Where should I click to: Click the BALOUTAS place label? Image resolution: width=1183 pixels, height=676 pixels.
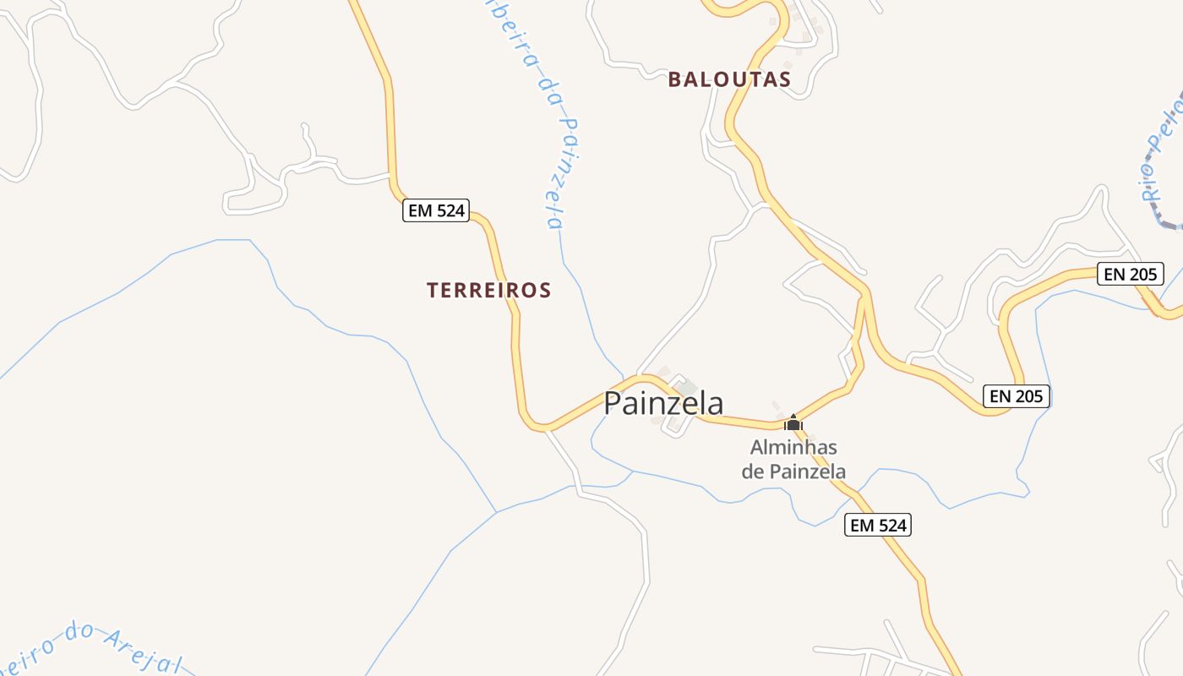pyautogui.click(x=729, y=79)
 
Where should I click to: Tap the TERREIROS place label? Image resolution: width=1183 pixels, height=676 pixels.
pyautogui.click(x=488, y=290)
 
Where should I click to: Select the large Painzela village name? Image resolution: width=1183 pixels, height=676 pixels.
pyautogui.click(x=663, y=403)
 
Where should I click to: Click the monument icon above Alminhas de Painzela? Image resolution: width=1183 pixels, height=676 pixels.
pyautogui.click(x=793, y=422)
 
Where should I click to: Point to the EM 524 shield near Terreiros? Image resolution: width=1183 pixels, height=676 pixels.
pyautogui.click(x=436, y=210)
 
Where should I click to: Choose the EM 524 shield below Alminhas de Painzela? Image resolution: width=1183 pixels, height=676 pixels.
pyautogui.click(x=878, y=525)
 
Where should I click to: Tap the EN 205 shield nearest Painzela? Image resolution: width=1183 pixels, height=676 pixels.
pyautogui.click(x=1017, y=395)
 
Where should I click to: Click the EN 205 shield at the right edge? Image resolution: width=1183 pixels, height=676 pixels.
pyautogui.click(x=1131, y=274)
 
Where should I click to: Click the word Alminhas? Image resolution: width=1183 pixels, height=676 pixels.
pyautogui.click(x=793, y=447)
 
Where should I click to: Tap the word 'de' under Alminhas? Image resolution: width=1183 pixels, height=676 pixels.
pyautogui.click(x=753, y=471)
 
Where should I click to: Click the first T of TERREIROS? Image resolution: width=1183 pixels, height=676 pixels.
pyautogui.click(x=433, y=290)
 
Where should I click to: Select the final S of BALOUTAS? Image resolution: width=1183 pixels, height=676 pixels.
pyautogui.click(x=784, y=79)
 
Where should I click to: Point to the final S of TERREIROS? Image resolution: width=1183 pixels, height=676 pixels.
pyautogui.click(x=545, y=290)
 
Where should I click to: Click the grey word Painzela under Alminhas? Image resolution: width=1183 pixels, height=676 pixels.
pyautogui.click(x=806, y=471)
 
